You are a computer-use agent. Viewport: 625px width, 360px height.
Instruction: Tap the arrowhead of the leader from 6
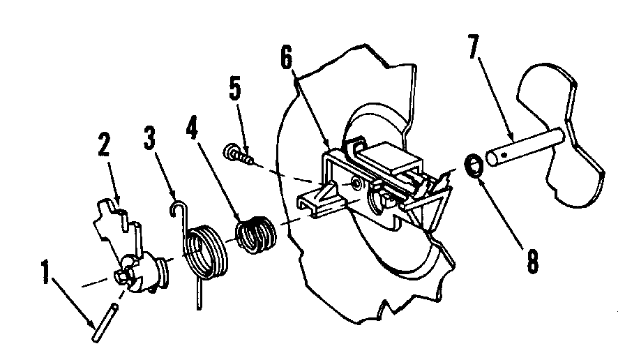tap(330, 148)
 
